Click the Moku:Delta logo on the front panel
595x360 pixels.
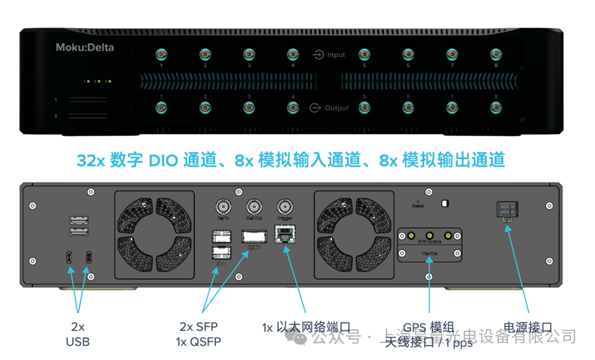tap(85, 47)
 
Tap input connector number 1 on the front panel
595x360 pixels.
tap(161, 54)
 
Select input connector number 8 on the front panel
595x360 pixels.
tap(496, 54)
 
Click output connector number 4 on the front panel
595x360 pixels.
tap(293, 108)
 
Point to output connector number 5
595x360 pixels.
tap(364, 108)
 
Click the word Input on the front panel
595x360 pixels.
tap(336, 55)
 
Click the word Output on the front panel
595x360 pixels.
tap(336, 108)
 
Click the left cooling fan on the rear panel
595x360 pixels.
tap(154, 235)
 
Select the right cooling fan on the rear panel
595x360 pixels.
tap(353, 235)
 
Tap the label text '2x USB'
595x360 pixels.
tap(78, 334)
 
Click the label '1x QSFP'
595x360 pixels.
tap(198, 342)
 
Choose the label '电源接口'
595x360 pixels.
tap(528, 327)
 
